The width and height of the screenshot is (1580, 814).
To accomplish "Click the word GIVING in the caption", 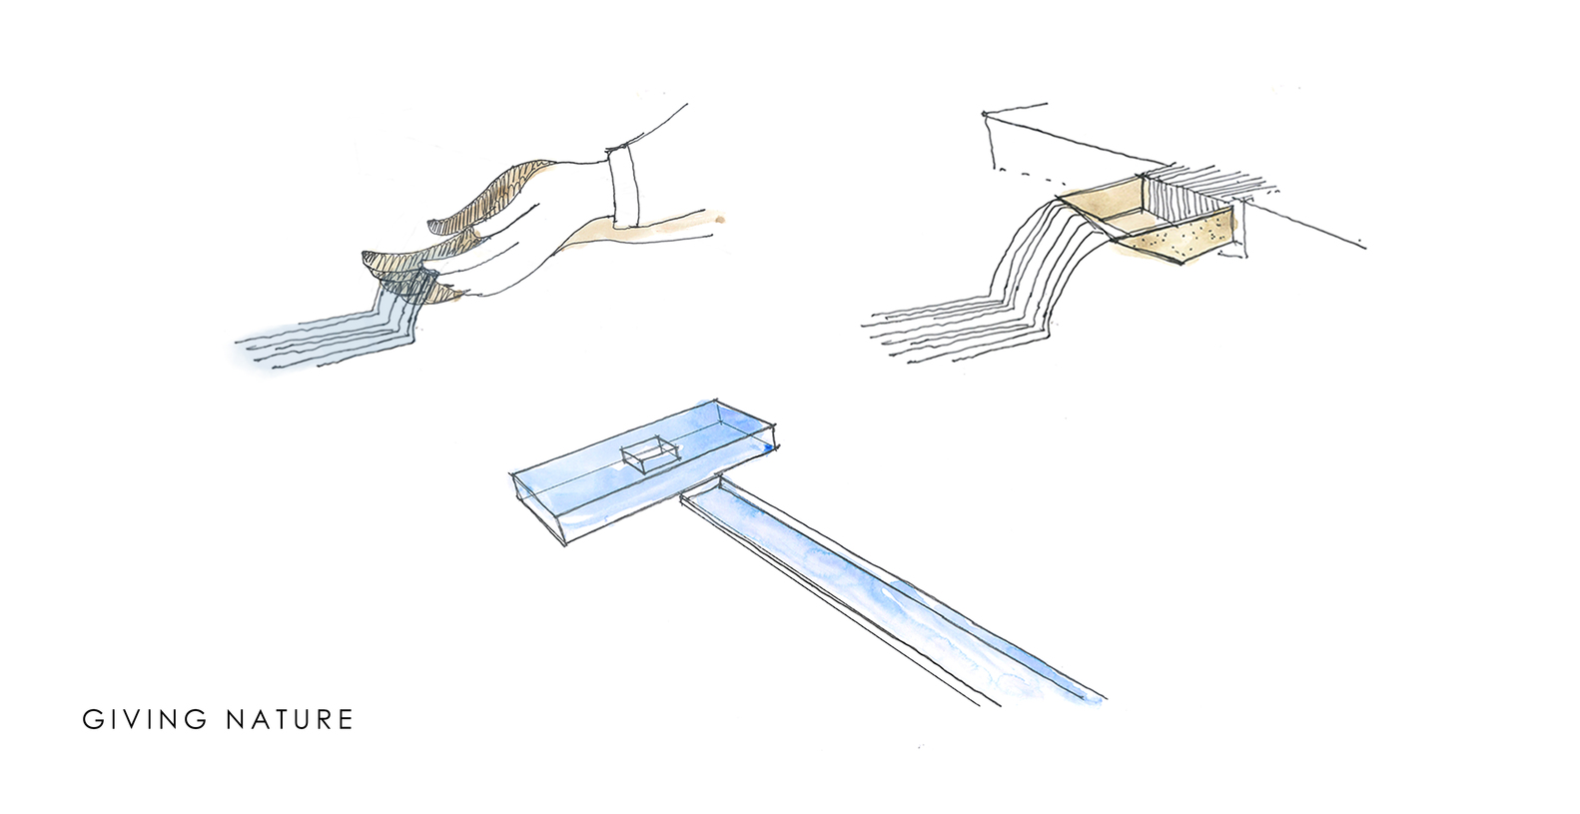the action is click(x=145, y=719).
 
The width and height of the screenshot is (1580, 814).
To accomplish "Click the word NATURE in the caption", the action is click(x=290, y=719).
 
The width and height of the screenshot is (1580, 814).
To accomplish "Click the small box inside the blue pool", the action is click(x=648, y=454).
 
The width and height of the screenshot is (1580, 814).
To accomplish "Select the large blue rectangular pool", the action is click(x=643, y=471).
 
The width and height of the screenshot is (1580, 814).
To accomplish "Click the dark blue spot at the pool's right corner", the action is click(x=767, y=448).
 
